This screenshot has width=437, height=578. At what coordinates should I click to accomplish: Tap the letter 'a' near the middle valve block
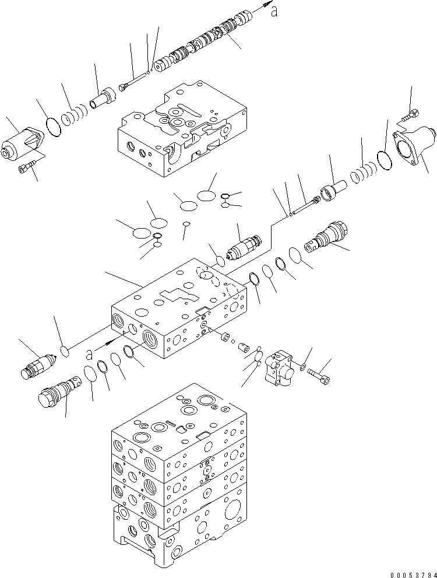tap(89, 353)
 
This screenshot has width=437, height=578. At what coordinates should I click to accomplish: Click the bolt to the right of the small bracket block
tap(317, 375)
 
